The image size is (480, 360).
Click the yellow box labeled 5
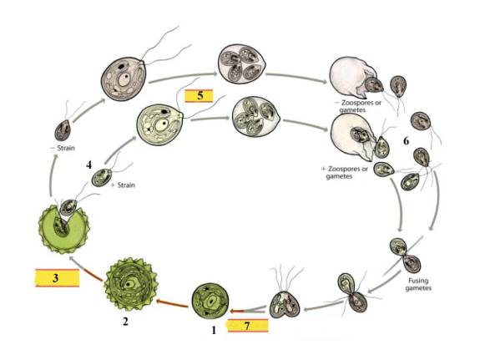coord(199,95)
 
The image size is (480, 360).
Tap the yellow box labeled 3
coord(57,278)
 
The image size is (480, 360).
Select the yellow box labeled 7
coord(248,326)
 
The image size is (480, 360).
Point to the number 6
coord(406,141)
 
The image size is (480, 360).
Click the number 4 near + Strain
coord(88,165)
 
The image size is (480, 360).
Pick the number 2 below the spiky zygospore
coord(125,322)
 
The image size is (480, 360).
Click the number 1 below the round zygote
coord(214,330)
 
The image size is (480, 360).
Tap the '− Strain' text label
coord(63,149)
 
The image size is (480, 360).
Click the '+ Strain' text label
coord(123,185)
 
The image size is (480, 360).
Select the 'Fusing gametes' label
coord(418,284)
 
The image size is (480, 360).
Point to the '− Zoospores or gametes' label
coord(358,106)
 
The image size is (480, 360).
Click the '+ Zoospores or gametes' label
coord(345,173)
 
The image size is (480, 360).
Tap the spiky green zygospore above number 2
coord(131,284)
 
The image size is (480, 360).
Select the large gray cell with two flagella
coord(124,79)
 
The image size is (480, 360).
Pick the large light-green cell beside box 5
coord(160,124)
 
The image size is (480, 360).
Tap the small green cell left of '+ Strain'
coord(102,177)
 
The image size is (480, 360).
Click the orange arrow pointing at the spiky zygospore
coord(172,304)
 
